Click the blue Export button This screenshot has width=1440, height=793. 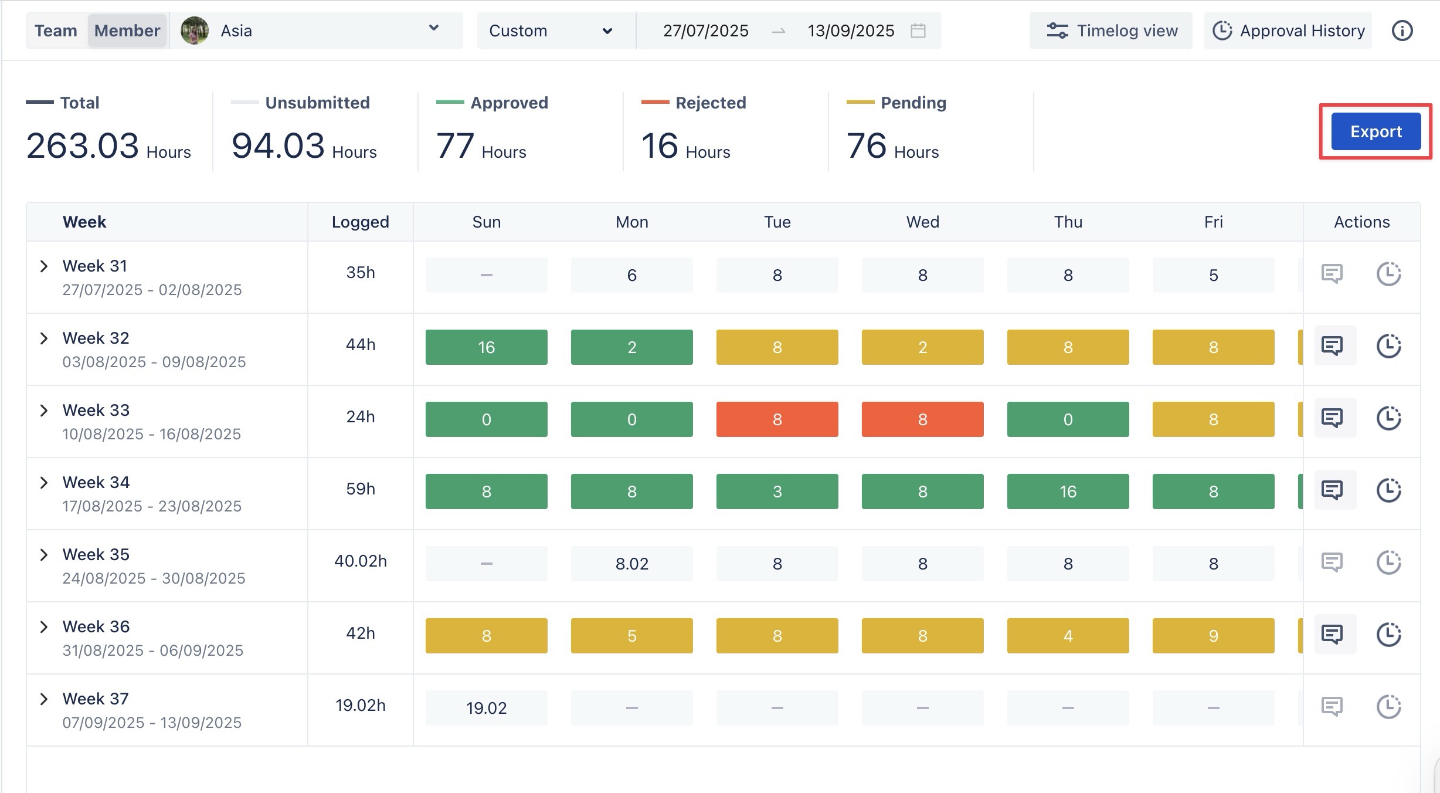pos(1376,131)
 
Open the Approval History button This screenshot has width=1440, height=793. pos(1289,30)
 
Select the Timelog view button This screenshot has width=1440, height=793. pos(1112,30)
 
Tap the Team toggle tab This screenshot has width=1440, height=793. pos(56,30)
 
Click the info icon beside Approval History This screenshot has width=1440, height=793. pos(1402,30)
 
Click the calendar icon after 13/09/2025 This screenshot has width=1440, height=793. pos(918,30)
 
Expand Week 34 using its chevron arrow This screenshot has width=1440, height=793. pos(44,483)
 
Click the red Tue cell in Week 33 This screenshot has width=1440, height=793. pos(777,419)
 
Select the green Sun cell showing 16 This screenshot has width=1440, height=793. pos(486,347)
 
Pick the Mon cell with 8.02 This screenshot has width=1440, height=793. pos(631,564)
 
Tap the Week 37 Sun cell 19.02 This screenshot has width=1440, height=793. pos(486,708)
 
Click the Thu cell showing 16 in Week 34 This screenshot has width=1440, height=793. pos(1068,492)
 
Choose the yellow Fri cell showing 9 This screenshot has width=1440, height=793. pos(1213,636)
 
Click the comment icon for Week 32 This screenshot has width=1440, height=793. pos(1332,345)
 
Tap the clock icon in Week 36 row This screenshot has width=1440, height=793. pos(1388,634)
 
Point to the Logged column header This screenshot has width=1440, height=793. pos(360,222)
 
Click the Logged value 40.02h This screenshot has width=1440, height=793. pos(360,561)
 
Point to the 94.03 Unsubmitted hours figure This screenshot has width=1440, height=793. pos(278,145)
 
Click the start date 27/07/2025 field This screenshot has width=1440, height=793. pos(705,30)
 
